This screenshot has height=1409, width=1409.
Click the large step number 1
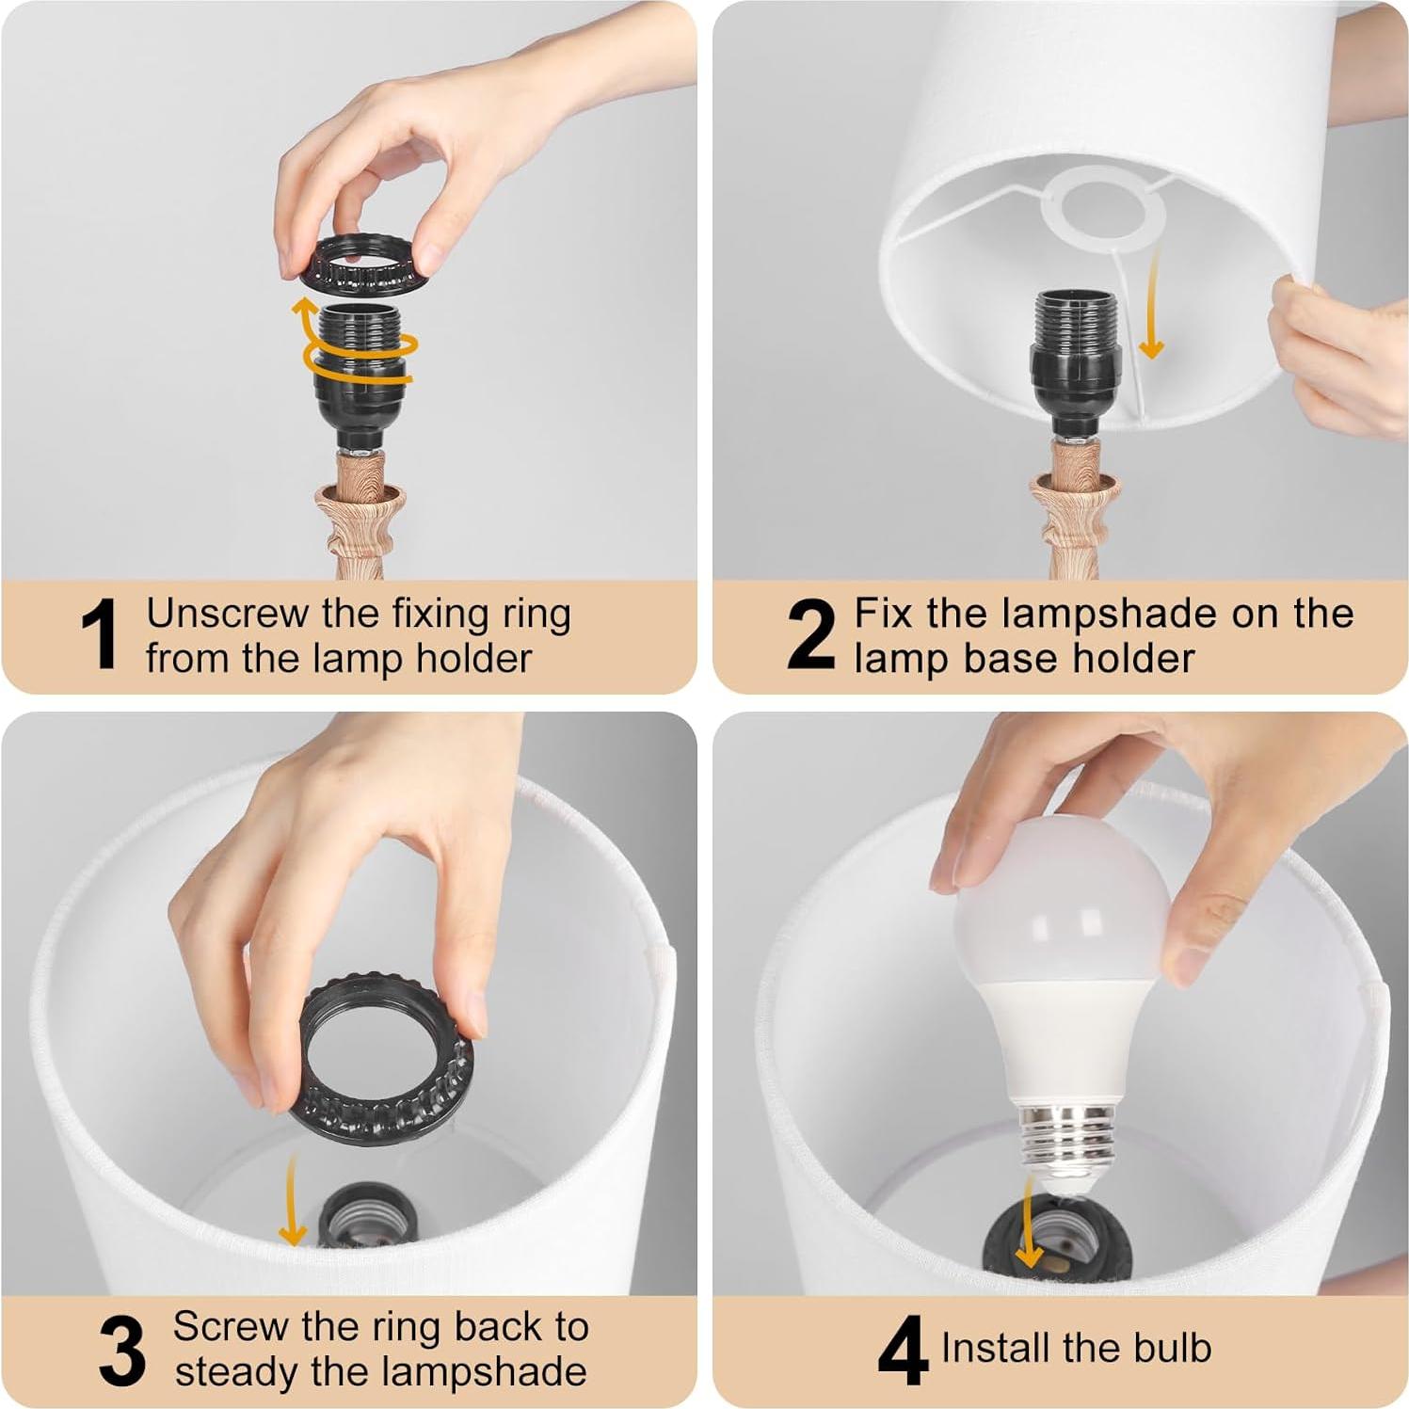(100, 635)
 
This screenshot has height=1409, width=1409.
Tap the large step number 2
(810, 635)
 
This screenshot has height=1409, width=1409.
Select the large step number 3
(122, 1351)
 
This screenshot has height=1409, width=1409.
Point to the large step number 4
(902, 1351)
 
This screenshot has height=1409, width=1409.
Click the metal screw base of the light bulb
(1066, 1141)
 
